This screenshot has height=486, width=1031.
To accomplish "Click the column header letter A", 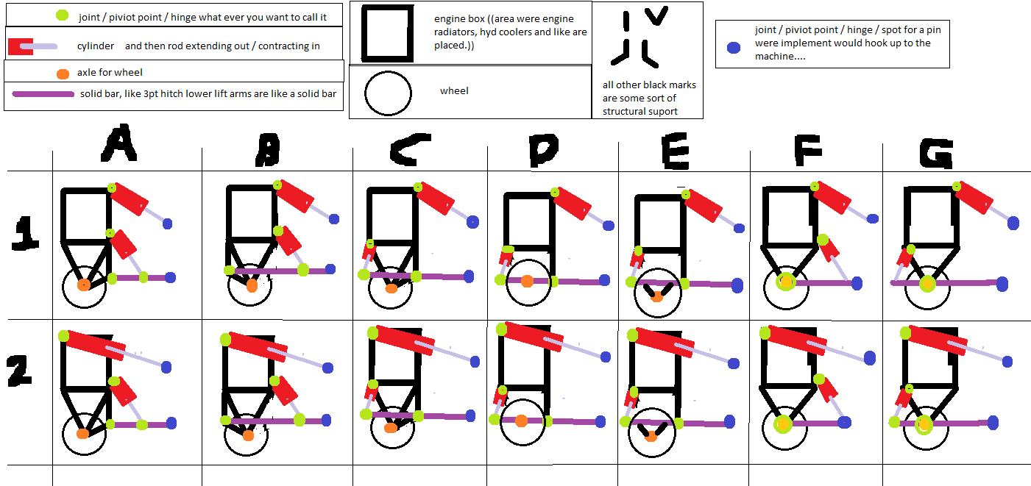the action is click(x=118, y=143).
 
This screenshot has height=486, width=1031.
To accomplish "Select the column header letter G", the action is click(x=936, y=154).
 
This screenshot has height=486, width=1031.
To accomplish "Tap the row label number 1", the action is click(x=25, y=234).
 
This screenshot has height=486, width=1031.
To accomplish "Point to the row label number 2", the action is click(x=19, y=370).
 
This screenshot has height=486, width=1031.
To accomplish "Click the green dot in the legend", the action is click(x=62, y=15).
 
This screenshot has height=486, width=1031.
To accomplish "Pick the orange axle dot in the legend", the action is click(x=63, y=74).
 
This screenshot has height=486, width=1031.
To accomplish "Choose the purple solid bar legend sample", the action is click(x=43, y=94).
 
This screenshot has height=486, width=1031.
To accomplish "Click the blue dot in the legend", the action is click(x=733, y=47).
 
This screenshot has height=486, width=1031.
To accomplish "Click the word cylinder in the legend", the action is click(x=95, y=46).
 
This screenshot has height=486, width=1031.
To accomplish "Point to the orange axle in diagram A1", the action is click(x=83, y=285).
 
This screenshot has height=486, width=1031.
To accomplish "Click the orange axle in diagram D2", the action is click(x=521, y=421).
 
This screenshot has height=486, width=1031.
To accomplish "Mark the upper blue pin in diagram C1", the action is click(x=472, y=222).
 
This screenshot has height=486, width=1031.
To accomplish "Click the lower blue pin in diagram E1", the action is click(x=737, y=285).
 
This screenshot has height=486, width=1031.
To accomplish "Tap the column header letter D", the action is click(x=544, y=150).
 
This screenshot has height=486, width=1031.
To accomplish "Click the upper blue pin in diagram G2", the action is click(x=1007, y=362).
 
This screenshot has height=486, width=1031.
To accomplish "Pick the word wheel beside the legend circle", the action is click(x=454, y=90).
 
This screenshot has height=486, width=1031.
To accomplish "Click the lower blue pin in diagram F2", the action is click(x=844, y=422).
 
